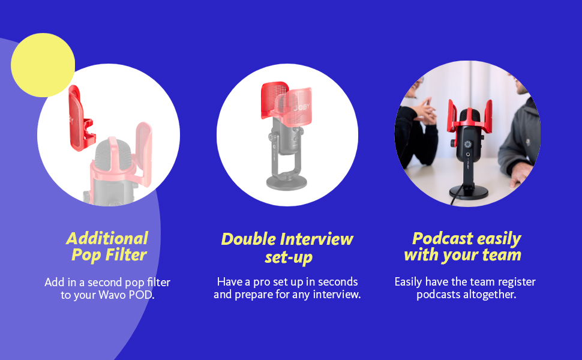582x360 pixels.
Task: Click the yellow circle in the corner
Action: [43, 65]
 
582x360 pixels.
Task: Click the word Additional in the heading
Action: [107, 238]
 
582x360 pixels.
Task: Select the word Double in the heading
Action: [246, 239]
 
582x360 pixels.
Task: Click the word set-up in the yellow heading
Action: [288, 258]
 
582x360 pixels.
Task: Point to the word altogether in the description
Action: [489, 295]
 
